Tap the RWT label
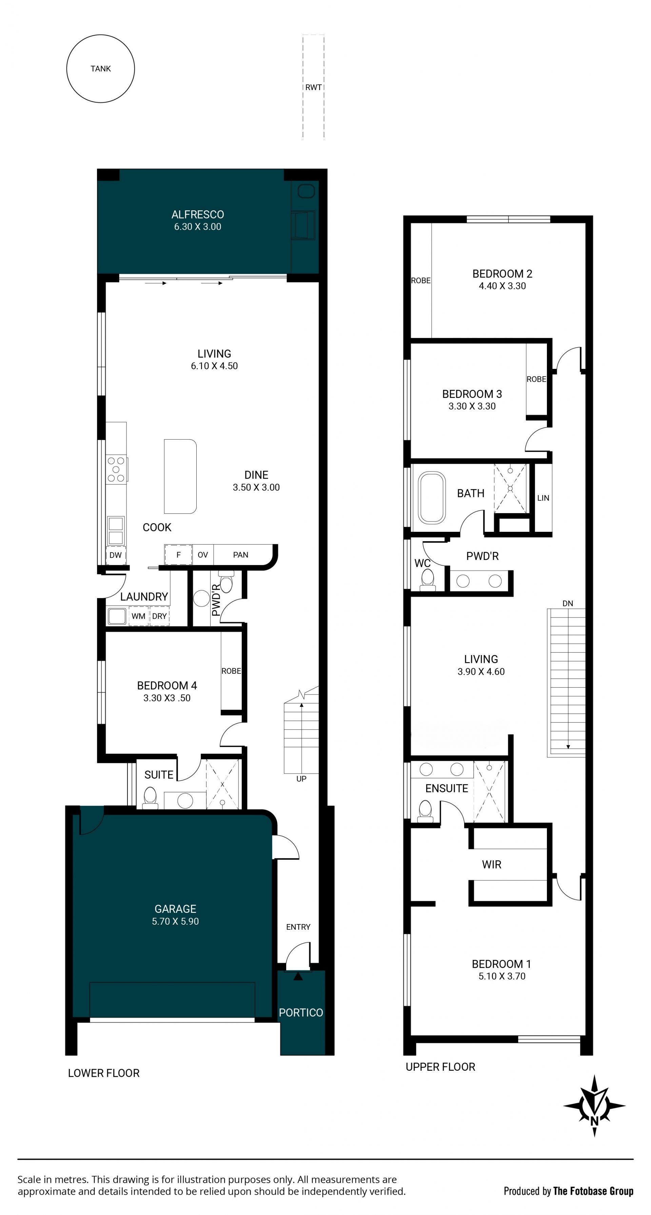(313, 87)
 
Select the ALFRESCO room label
(198, 215)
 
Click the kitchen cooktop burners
(116, 469)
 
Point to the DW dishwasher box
(116, 555)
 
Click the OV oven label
(202, 555)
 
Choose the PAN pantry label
(241, 555)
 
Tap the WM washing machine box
(138, 616)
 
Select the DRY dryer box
(160, 616)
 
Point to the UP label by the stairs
(301, 779)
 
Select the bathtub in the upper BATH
(432, 498)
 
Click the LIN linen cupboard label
(544, 498)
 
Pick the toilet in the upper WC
(428, 580)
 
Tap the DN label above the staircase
(568, 603)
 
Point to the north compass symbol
(594, 1106)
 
